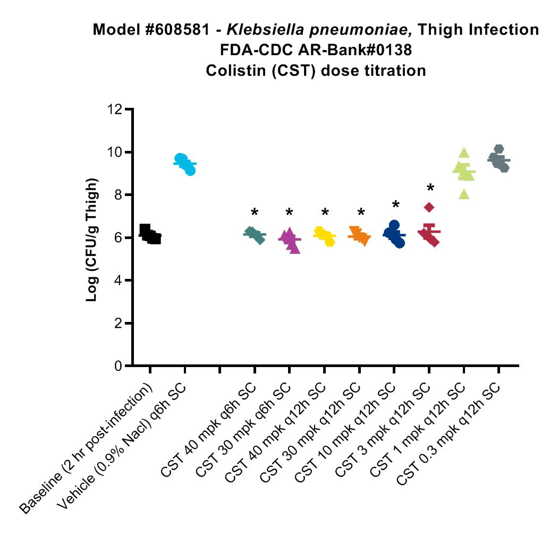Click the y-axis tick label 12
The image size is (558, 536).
[x=114, y=109]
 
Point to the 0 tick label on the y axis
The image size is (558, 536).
[x=118, y=365]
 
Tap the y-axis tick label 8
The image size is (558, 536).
[x=118, y=195]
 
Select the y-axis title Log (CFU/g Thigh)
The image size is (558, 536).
[x=92, y=240]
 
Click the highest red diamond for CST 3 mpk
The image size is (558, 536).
[x=429, y=207]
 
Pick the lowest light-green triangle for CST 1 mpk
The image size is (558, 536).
[x=464, y=194]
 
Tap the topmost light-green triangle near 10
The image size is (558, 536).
[x=464, y=153]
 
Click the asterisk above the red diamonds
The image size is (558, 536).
[x=430, y=188]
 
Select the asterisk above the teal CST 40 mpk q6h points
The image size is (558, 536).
[x=255, y=212]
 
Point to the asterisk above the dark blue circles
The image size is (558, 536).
[x=396, y=205]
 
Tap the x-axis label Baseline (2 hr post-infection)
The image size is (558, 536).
[x=86, y=448]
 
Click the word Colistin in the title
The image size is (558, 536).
[x=236, y=71]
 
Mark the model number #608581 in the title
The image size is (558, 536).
[x=177, y=30]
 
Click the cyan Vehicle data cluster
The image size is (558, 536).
[x=185, y=164]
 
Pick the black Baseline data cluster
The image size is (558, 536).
[x=150, y=234]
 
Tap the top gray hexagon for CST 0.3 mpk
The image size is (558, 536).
[x=499, y=149]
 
